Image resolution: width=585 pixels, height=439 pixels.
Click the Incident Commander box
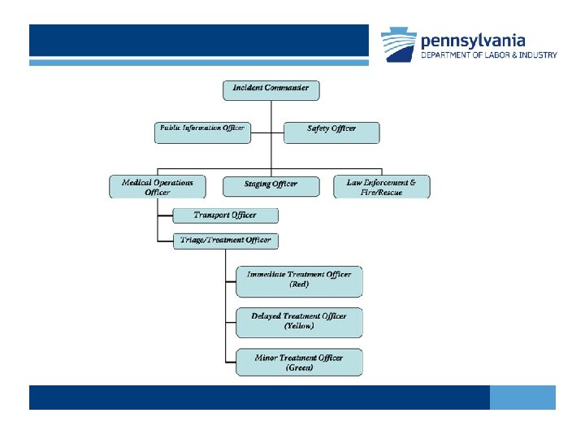[271, 89]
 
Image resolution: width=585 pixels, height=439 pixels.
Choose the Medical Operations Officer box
[158, 187]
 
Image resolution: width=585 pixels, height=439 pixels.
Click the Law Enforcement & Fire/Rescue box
[382, 187]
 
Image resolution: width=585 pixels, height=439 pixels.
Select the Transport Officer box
[225, 215]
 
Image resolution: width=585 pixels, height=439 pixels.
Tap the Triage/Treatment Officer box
[225, 241]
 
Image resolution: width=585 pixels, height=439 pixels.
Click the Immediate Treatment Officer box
[299, 280]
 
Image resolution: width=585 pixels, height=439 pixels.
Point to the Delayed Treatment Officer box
[299, 321]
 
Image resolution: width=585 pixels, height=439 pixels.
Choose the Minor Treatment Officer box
[299, 363]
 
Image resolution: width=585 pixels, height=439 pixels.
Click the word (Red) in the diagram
[299, 285]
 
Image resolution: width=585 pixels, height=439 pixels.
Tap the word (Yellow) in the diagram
[299, 327]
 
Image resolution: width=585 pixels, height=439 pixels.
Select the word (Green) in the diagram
[299, 368]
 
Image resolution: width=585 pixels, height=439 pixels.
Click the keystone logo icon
[398, 46]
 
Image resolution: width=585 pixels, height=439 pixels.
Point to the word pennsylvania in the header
[473, 40]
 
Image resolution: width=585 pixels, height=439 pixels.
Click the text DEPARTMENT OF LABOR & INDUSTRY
[488, 55]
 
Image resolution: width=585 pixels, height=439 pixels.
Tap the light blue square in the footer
[522, 398]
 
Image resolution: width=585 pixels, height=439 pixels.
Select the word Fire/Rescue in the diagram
[382, 193]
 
